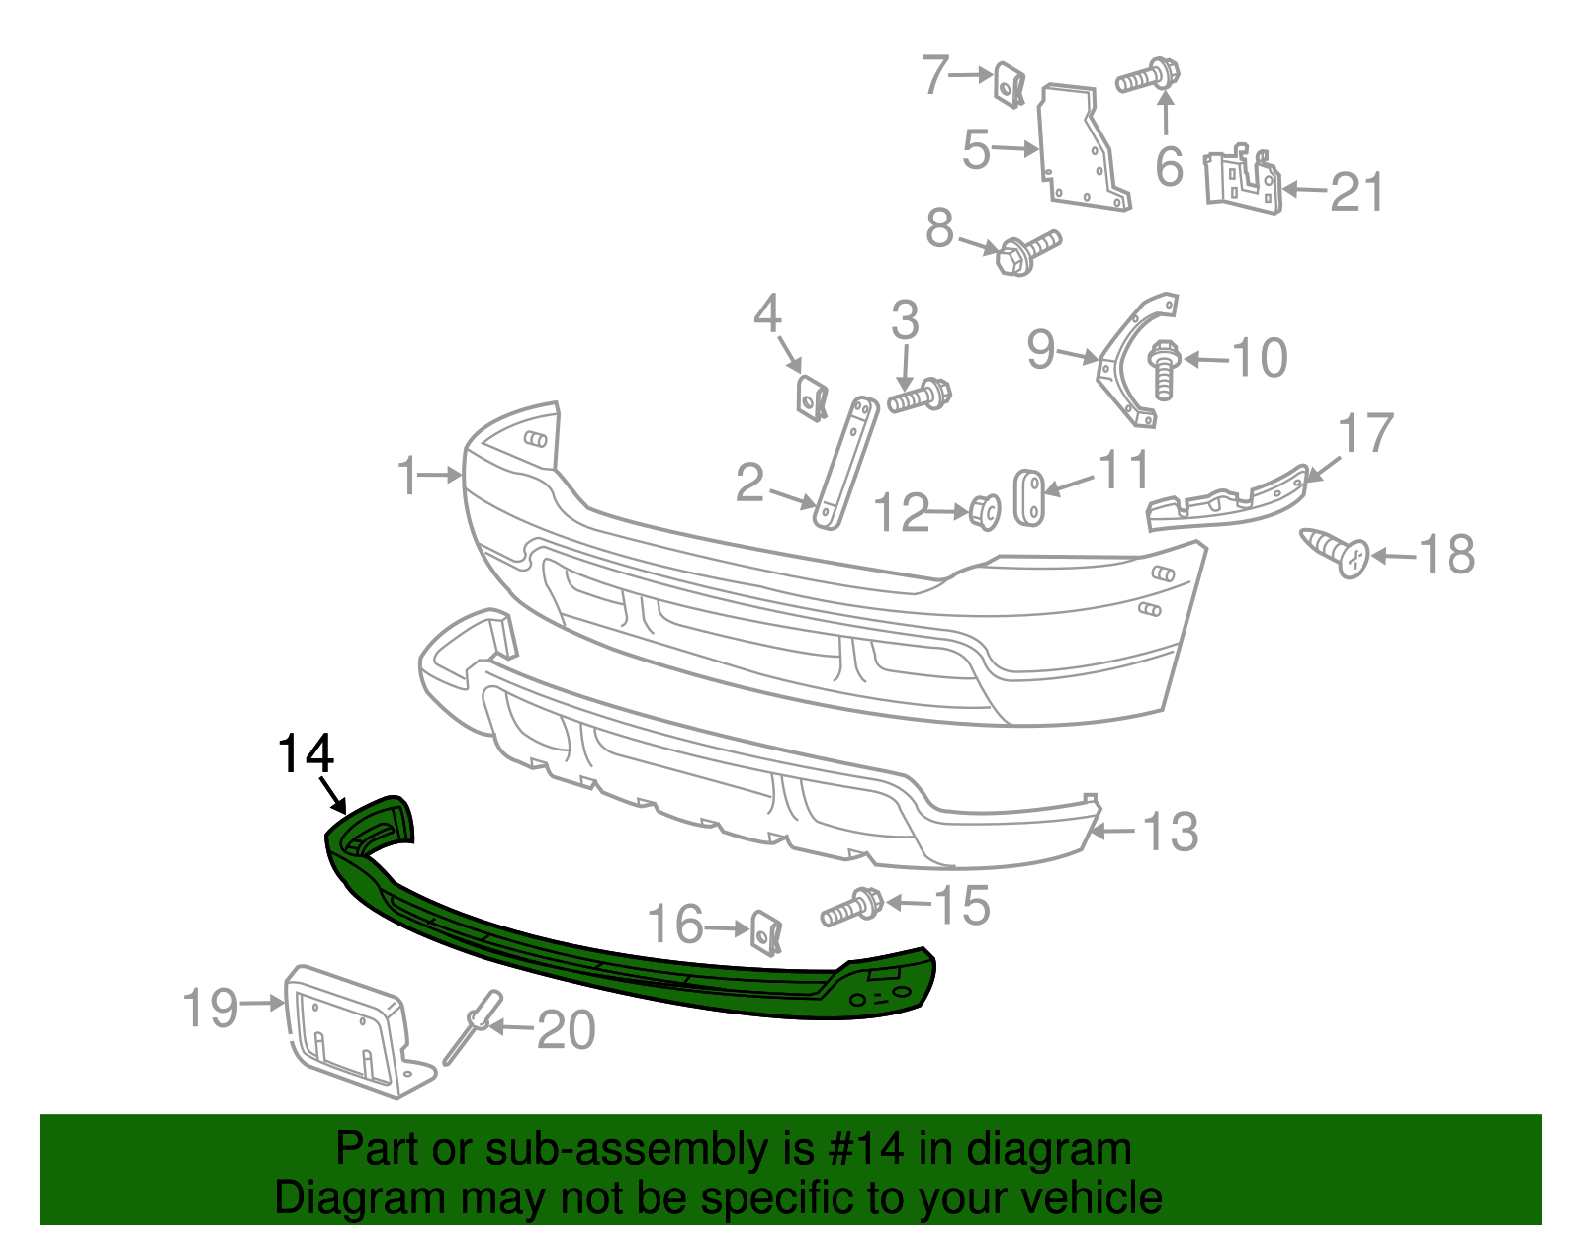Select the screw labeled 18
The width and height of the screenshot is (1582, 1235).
(x=1336, y=552)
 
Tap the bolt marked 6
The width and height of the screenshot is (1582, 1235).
(x=1149, y=76)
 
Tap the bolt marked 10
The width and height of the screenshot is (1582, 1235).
(x=1164, y=369)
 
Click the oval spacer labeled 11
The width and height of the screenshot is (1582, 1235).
(x=1029, y=497)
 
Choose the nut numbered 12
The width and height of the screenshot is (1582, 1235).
(x=984, y=511)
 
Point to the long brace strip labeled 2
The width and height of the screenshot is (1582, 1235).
(x=844, y=462)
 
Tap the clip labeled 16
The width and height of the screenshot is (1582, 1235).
(x=766, y=932)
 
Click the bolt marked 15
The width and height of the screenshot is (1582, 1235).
(x=851, y=906)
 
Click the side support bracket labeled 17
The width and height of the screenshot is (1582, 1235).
(x=1226, y=499)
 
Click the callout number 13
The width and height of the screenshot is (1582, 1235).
(x=1171, y=832)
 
